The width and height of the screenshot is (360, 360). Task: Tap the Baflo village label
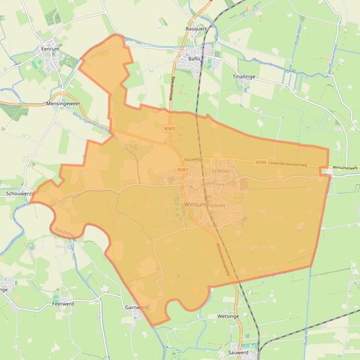point(194,59)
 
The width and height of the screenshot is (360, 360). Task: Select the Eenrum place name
point(50,48)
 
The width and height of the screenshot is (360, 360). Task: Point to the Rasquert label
point(196,29)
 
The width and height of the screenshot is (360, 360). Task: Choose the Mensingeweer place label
point(63,103)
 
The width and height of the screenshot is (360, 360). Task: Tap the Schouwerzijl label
point(20,194)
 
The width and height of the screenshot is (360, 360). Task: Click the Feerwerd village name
point(63,304)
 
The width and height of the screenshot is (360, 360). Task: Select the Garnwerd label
point(137,308)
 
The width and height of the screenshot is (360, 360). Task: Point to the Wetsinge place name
point(228,317)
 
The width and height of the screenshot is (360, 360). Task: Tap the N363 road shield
point(169,128)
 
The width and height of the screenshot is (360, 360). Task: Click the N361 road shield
point(183,170)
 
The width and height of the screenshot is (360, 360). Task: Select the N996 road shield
point(261,162)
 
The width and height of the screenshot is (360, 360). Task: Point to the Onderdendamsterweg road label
point(288,164)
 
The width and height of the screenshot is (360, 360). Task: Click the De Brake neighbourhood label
point(219,171)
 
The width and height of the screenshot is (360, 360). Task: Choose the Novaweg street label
point(192,159)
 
